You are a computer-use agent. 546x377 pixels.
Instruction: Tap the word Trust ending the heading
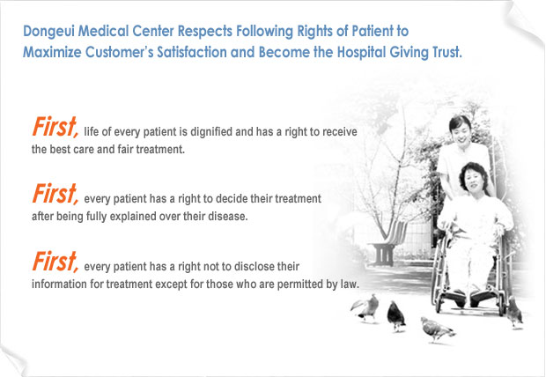click(447, 52)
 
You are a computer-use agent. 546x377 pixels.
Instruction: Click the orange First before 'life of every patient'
click(55, 127)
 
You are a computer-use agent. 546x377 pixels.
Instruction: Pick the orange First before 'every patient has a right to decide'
click(55, 194)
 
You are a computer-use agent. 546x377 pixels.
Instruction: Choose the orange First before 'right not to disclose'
click(55, 262)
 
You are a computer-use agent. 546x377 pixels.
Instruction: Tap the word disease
click(228, 217)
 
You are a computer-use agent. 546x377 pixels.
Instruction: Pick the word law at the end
click(350, 285)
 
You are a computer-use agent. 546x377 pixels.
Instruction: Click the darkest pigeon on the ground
click(396, 315)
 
